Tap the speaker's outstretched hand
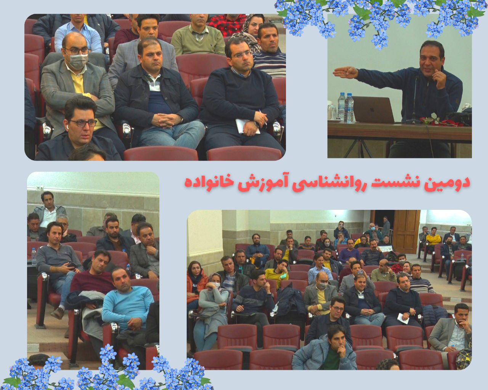click(345, 72)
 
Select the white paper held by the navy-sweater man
click(247, 126)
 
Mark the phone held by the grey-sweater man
click(72, 264)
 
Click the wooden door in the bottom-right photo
click(406, 231)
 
